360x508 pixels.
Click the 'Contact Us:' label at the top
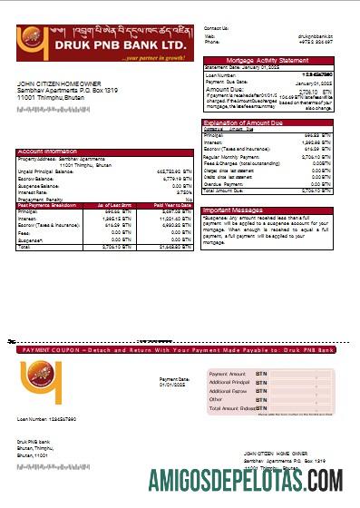click(217, 28)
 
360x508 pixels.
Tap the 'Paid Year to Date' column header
click(172, 205)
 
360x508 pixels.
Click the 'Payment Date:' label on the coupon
click(174, 378)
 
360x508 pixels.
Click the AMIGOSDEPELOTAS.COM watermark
click(244, 478)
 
